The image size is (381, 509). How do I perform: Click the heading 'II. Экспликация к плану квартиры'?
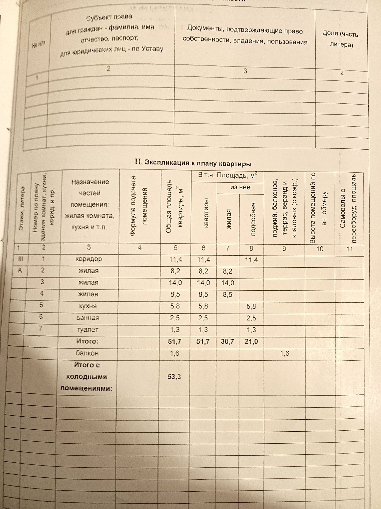coord(193,163)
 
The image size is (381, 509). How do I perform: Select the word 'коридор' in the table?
coord(89,259)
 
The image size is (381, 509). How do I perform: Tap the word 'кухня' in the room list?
coord(88,306)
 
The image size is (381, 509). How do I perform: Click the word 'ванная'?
coord(88,318)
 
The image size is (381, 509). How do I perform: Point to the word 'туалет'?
coord(87,330)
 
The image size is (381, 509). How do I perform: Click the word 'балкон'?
coord(87,353)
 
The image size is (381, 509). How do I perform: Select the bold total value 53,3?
coord(174,376)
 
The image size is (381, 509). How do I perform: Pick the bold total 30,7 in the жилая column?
coord(227,342)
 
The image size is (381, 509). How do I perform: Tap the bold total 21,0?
coord(251,342)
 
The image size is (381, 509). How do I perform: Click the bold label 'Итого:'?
coord(87,341)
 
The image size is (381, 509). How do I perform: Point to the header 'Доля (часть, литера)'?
coord(341,39)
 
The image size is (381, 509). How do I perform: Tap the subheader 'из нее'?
coord(240,187)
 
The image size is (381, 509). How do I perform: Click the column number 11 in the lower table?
coord(350,249)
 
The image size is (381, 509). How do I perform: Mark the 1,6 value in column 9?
coord(284,353)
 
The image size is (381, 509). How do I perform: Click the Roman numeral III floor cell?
coord(21,259)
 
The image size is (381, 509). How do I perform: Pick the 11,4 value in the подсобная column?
coord(251,260)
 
